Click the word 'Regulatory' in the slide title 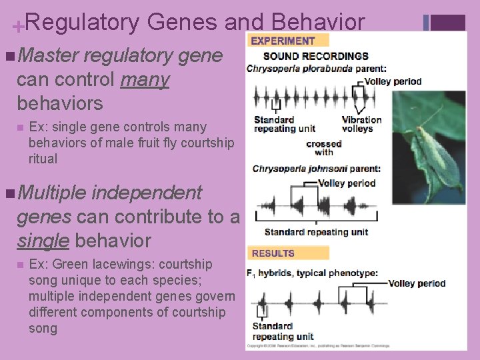point(83,23)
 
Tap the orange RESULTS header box point(288,253)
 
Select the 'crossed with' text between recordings point(324,147)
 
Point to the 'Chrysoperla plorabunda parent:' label point(316,68)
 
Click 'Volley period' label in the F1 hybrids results point(417,283)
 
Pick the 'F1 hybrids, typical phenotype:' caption point(314,273)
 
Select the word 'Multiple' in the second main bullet point(53,193)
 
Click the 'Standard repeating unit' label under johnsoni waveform point(316,232)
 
